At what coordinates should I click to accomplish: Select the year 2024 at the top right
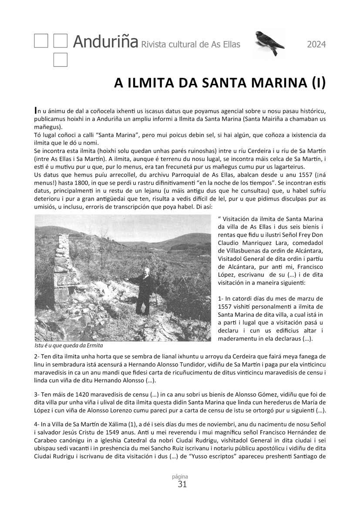(x=316, y=44)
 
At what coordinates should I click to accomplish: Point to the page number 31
(x=182, y=484)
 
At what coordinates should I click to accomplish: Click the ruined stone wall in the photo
(x=62, y=270)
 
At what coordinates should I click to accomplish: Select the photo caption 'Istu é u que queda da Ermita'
(x=69, y=345)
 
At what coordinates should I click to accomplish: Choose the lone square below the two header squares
(x=60, y=60)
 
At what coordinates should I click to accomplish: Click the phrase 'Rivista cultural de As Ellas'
(x=191, y=44)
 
